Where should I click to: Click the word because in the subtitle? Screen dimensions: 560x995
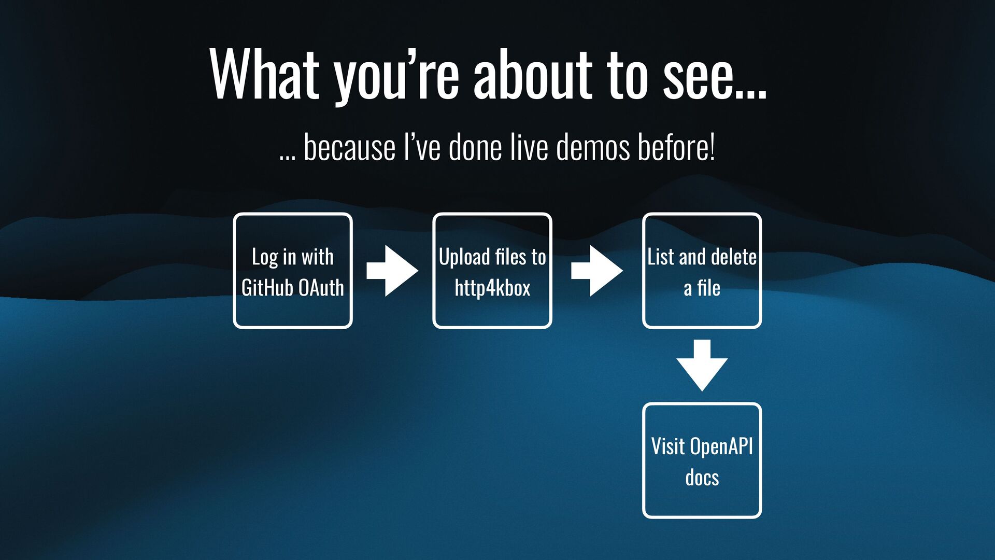tap(349, 147)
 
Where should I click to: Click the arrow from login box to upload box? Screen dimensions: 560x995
tap(392, 271)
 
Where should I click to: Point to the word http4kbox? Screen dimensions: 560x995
tap(492, 288)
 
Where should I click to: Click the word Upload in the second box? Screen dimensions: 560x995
tap(464, 257)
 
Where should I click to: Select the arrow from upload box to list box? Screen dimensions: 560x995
tap(597, 271)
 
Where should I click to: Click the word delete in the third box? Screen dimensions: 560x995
tap(733, 257)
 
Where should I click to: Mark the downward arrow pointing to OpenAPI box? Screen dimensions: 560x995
tap(702, 366)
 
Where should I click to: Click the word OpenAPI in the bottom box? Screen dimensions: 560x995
tap(721, 446)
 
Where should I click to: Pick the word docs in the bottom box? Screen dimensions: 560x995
tap(702, 478)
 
